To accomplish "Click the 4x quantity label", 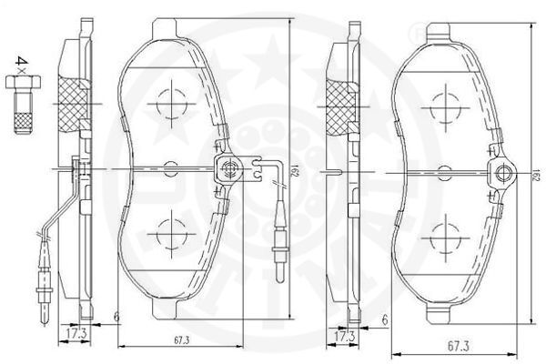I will click(19, 64).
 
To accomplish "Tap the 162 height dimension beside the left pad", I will click(294, 173).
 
